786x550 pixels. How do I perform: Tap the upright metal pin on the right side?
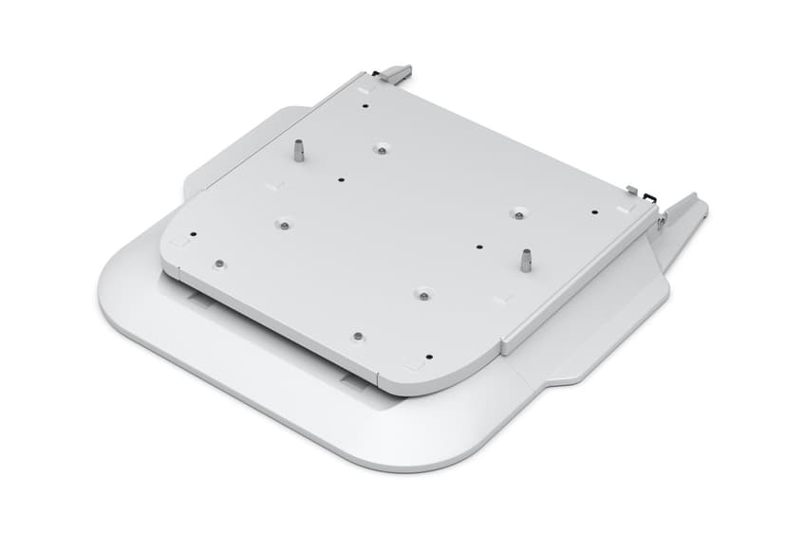525,260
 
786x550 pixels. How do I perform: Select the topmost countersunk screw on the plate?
380,148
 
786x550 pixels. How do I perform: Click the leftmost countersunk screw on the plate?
282,224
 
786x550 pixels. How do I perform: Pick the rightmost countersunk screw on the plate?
517,212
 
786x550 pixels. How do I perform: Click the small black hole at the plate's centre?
341,178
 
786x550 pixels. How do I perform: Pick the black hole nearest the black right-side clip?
594,211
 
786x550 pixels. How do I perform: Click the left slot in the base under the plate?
199,302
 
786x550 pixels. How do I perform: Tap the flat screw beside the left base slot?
218,263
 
